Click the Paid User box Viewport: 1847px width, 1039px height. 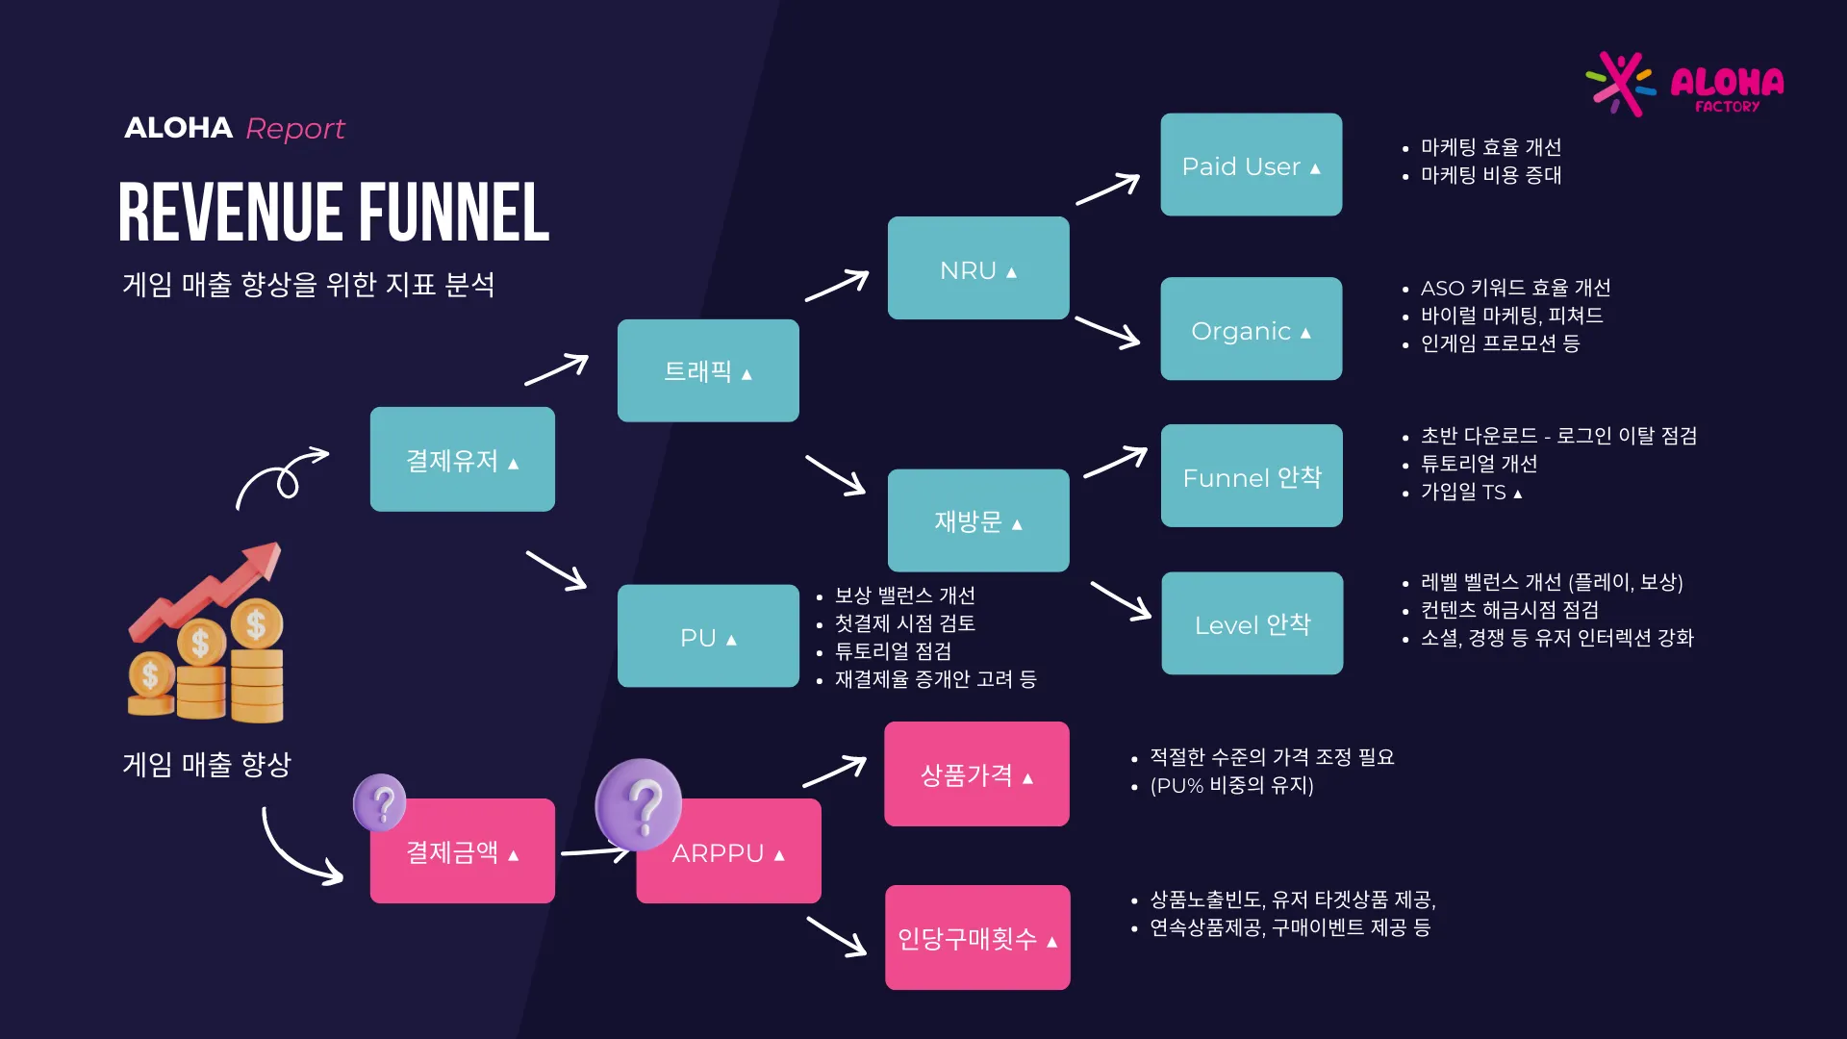pos(1251,165)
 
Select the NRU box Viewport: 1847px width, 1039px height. pos(978,267)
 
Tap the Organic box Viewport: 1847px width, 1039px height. pos(1251,329)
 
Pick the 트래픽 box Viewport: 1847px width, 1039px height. pos(708,370)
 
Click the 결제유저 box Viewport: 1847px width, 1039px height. pos(463,459)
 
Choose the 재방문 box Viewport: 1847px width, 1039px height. pos(978,520)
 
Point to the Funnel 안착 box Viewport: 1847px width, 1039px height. pos(1252,475)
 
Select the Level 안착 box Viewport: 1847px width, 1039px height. pos(1252,623)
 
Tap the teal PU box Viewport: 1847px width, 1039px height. pos(708,636)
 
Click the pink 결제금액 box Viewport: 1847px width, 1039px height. pos(463,850)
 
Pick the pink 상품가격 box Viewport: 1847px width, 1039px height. pos(976,773)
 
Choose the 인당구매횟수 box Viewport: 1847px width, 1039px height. pos(977,937)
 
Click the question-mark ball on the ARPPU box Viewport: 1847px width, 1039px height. pos(639,805)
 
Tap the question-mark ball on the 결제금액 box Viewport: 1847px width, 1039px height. pos(380,802)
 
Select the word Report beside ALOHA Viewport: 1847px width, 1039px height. pos(295,128)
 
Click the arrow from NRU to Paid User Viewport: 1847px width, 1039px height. pos(1108,189)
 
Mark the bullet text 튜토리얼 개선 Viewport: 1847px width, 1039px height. pos(1479,464)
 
